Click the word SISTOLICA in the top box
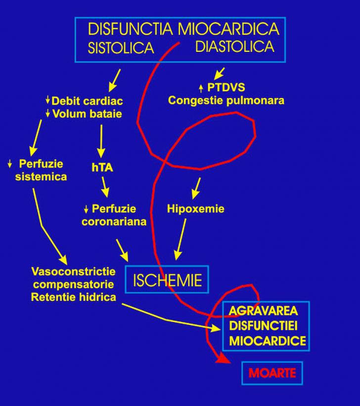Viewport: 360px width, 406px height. pyautogui.click(x=121, y=48)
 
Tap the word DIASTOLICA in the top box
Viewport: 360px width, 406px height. pyautogui.click(x=234, y=46)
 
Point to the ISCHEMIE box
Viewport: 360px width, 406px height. pyautogui.click(x=167, y=280)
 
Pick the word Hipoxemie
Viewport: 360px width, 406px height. pyautogui.click(x=195, y=209)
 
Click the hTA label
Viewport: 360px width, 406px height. pyautogui.click(x=102, y=167)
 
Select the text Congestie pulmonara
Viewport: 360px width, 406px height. pyautogui.click(x=226, y=100)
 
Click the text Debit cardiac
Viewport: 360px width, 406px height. pyautogui.click(x=87, y=101)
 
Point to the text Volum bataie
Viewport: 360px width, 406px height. pyautogui.click(x=87, y=114)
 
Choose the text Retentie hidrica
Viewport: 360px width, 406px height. pyautogui.click(x=74, y=297)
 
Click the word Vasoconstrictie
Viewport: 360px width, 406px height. pyautogui.click(x=74, y=272)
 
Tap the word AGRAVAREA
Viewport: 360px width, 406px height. pyautogui.click(x=264, y=311)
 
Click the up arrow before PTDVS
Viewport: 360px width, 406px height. pyautogui.click(x=201, y=88)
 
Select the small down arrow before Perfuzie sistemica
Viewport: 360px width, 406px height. pyautogui.click(x=10, y=163)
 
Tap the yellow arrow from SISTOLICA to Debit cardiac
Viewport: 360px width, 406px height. pyautogui.click(x=114, y=79)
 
